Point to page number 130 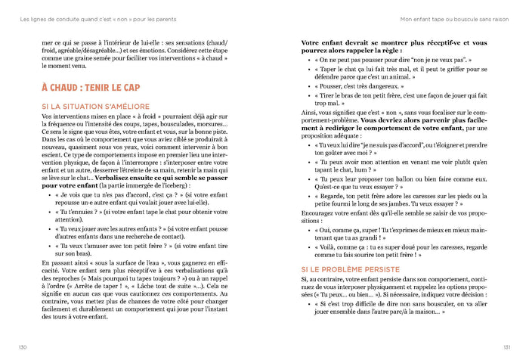pyautogui.click(x=23, y=347)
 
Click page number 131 pyautogui.click(x=506, y=347)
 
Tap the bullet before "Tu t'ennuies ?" pyautogui.click(x=48, y=213)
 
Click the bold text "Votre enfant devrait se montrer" pyautogui.click(x=355, y=43)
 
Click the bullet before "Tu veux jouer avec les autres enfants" pyautogui.click(x=48, y=228)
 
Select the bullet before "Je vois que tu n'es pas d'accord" pyautogui.click(x=48, y=195)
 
